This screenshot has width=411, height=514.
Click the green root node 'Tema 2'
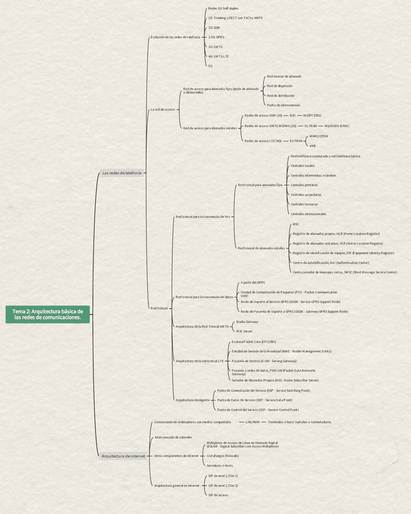pos(48,314)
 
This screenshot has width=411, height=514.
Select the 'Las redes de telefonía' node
pos(122,173)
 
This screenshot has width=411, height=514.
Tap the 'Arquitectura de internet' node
pos(124,456)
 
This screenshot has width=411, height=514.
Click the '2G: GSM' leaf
pos(214,28)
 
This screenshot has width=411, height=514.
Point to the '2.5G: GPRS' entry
pos(216,37)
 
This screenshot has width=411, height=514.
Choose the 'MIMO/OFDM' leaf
pos(318,136)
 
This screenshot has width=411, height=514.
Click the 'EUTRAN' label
pos(296,141)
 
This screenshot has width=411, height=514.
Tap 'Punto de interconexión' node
pos(283,105)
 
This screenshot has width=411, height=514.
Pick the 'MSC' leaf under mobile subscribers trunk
pos(296,224)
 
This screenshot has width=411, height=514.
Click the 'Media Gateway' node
pos(247,322)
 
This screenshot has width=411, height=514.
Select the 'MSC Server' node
pos(244,332)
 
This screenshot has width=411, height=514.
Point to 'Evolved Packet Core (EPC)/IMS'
pos(254,342)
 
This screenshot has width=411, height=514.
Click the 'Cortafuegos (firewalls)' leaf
pos(222,455)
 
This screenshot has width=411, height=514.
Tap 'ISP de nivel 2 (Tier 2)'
pos(223,486)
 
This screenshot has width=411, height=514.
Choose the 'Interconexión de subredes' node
pos(173,437)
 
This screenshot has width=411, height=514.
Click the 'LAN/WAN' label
pos(252,422)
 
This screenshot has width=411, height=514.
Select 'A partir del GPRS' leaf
pos(253,282)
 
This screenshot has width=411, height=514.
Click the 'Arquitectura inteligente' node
pos(192,400)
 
